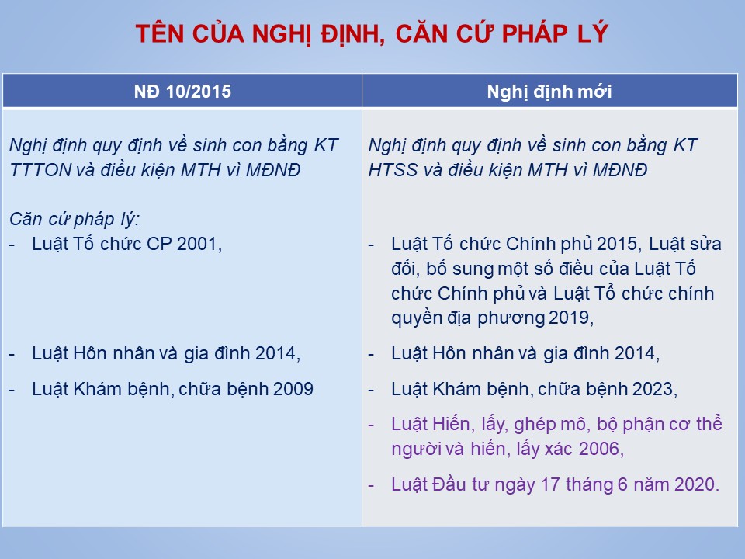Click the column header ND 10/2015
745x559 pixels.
coord(182,92)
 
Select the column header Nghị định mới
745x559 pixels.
coord(549,92)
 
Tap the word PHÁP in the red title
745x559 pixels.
coord(535,33)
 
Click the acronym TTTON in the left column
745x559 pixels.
coord(40,170)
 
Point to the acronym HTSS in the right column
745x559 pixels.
coord(393,170)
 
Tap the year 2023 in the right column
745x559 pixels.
coord(651,389)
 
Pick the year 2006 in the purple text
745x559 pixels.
coord(598,449)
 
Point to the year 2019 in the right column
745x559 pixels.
coord(569,318)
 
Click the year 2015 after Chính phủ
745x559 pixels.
coord(617,244)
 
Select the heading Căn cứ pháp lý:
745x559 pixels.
coord(74,219)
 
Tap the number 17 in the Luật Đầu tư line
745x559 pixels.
coord(550,484)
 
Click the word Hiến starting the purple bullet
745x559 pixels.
coord(454,424)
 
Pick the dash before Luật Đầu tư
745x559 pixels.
coord(371,486)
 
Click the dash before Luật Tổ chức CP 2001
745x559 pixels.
coord(12,245)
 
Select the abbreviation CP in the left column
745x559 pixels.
coord(159,244)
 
